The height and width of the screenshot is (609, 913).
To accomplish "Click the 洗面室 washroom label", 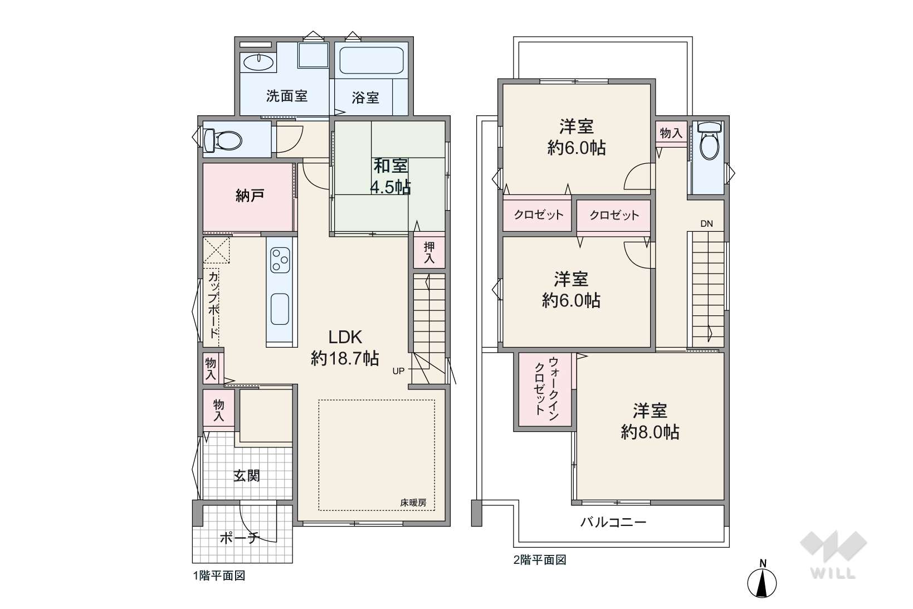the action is click(286, 96).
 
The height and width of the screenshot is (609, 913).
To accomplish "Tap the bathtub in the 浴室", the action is click(372, 60).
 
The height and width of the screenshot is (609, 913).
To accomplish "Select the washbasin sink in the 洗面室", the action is click(258, 62).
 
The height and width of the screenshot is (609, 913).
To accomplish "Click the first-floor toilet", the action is click(223, 140).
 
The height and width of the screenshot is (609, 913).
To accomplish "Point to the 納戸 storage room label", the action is click(250, 196).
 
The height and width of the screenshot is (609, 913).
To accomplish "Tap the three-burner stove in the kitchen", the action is click(280, 260).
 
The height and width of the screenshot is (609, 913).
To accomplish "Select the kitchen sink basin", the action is click(280, 309).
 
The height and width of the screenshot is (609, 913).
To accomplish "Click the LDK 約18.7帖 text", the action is click(345, 348).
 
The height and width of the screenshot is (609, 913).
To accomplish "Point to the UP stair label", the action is click(398, 371).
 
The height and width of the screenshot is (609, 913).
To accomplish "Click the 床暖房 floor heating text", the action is click(413, 503).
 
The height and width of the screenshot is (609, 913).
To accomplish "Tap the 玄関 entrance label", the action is click(247, 475).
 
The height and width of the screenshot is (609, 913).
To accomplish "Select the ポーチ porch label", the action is click(240, 538).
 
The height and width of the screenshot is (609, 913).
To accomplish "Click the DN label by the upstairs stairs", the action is click(707, 223).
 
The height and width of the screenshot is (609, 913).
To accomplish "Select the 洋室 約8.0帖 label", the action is click(650, 421).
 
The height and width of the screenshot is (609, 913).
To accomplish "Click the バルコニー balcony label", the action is click(613, 522).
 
